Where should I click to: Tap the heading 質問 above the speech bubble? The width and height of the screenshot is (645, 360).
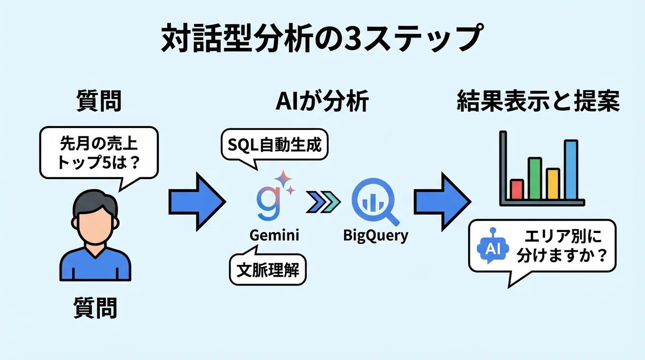point(98,102)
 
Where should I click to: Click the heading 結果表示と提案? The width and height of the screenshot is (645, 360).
point(538,102)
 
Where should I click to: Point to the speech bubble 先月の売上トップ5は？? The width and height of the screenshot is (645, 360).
point(98,153)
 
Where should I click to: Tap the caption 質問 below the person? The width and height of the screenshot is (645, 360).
point(95,308)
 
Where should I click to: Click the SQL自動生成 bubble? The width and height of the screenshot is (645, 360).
point(274,145)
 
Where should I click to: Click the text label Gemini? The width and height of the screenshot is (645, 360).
point(274,235)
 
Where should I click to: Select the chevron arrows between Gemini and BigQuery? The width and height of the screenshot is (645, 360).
point(323,202)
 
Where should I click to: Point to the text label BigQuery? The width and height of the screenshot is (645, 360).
point(375,235)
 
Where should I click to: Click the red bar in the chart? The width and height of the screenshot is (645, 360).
point(517,189)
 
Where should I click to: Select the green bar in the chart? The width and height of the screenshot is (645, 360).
point(535,179)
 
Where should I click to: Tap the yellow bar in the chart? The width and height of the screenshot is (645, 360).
point(553,184)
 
